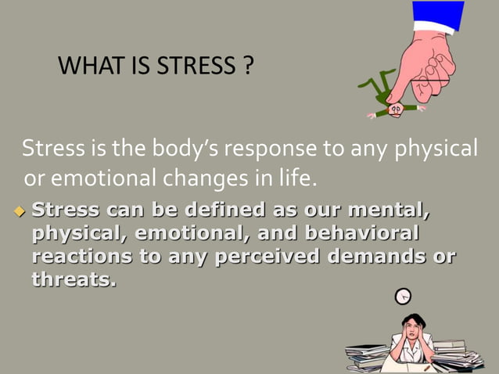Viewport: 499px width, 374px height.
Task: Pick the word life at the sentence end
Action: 297,179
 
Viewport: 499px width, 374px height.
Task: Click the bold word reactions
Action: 83,257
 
